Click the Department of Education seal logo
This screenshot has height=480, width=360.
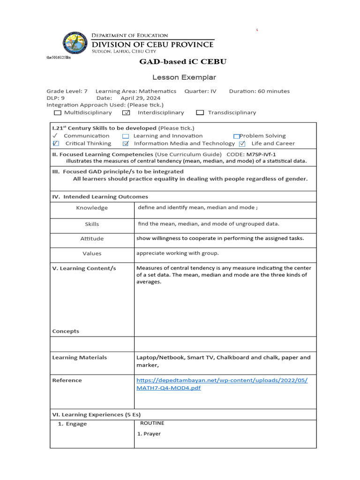pos(75,44)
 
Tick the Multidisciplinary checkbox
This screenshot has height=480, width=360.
pos(57,112)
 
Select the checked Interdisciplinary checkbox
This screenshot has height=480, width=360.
pos(126,112)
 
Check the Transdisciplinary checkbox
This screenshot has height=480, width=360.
pos(200,112)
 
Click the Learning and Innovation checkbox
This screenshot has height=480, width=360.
pos(126,136)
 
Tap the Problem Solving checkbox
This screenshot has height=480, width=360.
pos(237,136)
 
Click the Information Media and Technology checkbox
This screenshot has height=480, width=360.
pos(126,144)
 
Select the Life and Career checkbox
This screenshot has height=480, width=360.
pos(242,144)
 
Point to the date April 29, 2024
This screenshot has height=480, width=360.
pos(140,98)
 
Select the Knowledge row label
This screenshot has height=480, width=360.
pos(92,208)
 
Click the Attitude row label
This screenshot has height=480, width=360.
pos(92,239)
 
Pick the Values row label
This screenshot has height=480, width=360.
pos(92,254)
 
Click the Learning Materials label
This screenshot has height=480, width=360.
pos(79,358)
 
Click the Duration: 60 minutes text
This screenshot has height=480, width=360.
pos(259,91)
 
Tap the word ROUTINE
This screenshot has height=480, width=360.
pos(152,423)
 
